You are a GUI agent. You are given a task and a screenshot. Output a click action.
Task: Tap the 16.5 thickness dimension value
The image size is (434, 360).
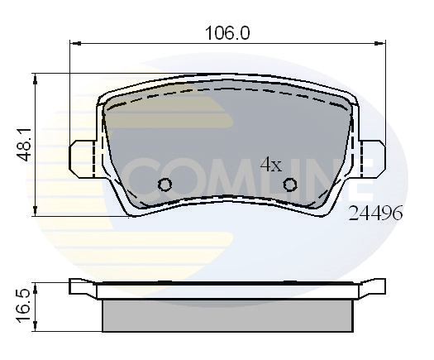click(x=26, y=306)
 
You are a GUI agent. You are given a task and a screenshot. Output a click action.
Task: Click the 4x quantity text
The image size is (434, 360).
click(x=271, y=164)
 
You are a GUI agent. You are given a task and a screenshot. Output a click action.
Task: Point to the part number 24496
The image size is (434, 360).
click(x=376, y=213)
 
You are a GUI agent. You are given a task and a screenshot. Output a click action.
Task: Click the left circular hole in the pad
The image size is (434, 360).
click(x=165, y=185)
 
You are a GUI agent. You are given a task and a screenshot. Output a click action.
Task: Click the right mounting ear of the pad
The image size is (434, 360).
click(x=373, y=155)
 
